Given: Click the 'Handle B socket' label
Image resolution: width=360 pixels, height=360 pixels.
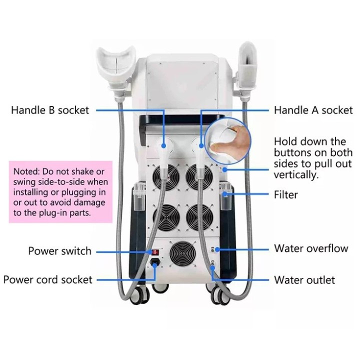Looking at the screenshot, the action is pyautogui.click(x=50, y=110).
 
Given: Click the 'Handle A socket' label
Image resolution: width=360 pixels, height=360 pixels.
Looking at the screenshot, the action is pyautogui.click(x=313, y=110).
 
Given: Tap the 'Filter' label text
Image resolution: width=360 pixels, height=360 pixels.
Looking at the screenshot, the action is pyautogui.click(x=286, y=194).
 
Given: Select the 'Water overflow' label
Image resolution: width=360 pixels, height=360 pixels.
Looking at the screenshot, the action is pyautogui.click(x=311, y=248).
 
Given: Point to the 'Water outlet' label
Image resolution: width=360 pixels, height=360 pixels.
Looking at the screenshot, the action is pyautogui.click(x=304, y=280).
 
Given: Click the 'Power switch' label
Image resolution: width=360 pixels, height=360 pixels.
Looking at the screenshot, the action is pyautogui.click(x=59, y=251).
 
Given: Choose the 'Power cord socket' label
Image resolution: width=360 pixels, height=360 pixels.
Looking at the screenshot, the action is pyautogui.click(x=48, y=280).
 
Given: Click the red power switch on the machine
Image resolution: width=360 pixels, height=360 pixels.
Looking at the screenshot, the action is pyautogui.click(x=155, y=252).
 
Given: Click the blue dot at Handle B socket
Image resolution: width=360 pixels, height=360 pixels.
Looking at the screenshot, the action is pyautogui.click(x=163, y=145).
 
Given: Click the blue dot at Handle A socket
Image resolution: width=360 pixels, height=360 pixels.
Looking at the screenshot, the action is pyautogui.click(x=201, y=145).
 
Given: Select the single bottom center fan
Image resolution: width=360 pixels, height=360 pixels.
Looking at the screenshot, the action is pyautogui.click(x=183, y=253).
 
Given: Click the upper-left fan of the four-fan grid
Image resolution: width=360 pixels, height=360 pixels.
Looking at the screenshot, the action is pyautogui.click(x=166, y=177).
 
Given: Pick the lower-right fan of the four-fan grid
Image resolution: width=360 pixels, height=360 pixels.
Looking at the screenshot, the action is pyautogui.click(x=199, y=217).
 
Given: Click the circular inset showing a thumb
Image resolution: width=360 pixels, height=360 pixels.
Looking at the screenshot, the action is pyautogui.click(x=227, y=141).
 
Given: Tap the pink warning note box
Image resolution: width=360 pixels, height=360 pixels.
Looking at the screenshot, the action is pyautogui.click(x=60, y=192).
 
